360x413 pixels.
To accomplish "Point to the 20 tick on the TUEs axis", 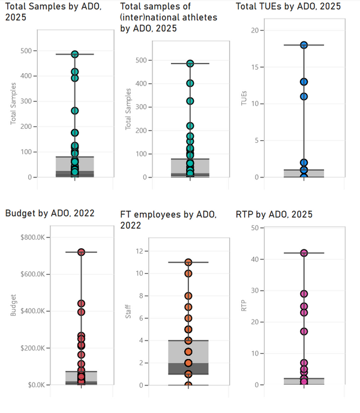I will point(254,31).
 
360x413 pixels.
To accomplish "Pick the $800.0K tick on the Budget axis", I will point(34,237).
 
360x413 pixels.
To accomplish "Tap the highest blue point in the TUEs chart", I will point(304,45).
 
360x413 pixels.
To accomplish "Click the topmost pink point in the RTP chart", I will point(304,253).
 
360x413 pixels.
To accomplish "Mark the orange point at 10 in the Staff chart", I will point(188,273).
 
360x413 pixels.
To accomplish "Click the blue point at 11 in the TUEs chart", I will point(304,97).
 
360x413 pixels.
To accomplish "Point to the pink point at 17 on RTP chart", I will point(304,331).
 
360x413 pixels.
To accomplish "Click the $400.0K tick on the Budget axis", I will point(34,311).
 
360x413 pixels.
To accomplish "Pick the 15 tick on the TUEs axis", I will point(254,67).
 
